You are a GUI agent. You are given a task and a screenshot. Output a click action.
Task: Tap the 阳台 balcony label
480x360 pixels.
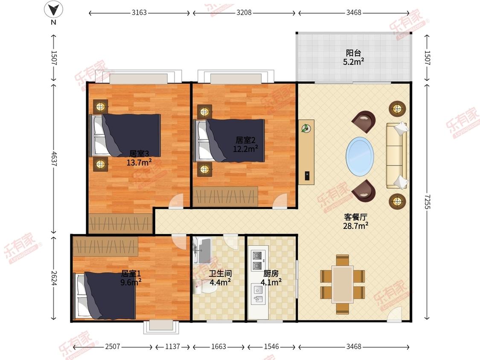(353, 53)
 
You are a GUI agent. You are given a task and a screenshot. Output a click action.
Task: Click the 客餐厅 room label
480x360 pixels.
(355, 217)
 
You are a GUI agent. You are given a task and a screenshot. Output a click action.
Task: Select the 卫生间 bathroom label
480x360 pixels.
(220, 273)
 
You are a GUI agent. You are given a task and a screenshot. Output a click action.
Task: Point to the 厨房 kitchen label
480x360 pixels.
(271, 273)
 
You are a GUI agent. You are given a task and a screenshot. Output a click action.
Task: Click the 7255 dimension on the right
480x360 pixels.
(427, 202)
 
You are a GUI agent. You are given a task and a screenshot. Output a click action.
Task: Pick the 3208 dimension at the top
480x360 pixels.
(244, 12)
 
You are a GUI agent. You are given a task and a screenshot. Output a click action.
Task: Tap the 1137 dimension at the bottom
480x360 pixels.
(172, 346)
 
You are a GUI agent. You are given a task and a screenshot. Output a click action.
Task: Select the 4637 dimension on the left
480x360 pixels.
(54, 159)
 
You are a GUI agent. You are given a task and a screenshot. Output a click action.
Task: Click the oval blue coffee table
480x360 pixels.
(360, 157)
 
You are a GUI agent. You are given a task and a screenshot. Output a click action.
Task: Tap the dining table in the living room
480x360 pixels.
(343, 285)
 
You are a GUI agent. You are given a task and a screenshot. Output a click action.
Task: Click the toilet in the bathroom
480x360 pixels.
(202, 287)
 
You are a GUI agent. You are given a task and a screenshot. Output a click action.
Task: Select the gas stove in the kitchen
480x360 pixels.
(257, 260)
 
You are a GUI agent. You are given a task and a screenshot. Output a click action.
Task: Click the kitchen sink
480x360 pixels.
(257, 294)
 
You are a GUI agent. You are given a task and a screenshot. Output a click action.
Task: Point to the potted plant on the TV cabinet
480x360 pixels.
(305, 128)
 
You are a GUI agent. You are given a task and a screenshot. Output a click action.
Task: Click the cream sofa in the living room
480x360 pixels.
(397, 156)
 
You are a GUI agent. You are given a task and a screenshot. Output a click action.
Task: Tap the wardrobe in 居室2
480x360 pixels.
(225, 196)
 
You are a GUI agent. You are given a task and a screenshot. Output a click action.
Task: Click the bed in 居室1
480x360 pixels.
(105, 296)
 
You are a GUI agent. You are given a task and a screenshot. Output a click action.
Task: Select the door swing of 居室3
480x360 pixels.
(176, 201)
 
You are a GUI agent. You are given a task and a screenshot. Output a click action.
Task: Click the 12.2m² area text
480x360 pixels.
(245, 149)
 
